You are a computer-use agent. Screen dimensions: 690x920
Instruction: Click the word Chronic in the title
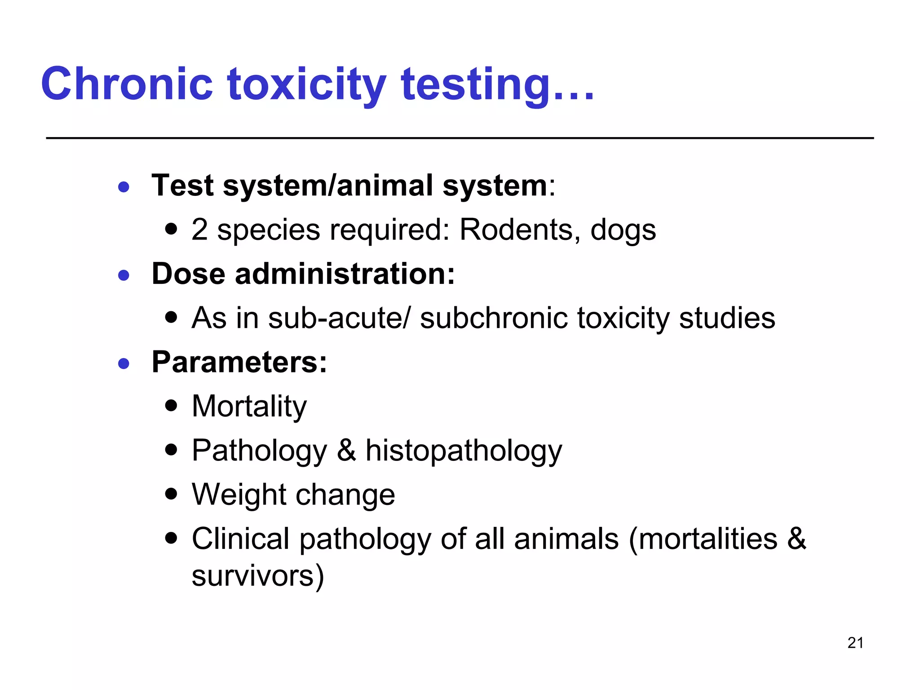tap(127, 84)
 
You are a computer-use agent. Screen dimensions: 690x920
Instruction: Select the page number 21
tap(855, 643)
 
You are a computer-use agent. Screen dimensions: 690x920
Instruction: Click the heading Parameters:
tap(239, 362)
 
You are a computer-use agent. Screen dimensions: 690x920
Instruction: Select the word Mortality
tap(249, 407)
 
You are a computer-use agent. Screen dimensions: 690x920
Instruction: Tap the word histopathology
tap(464, 451)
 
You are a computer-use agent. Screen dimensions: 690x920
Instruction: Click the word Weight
tap(239, 495)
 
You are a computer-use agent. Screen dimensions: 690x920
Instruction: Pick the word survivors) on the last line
tap(257, 575)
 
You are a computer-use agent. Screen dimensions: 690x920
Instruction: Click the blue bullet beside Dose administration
tap(124, 274)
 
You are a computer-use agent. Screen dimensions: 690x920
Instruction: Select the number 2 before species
tap(199, 230)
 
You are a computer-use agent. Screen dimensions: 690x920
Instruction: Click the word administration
tap(345, 274)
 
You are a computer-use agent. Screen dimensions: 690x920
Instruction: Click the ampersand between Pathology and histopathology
tap(346, 450)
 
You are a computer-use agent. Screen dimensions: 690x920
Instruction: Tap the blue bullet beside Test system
tap(124, 186)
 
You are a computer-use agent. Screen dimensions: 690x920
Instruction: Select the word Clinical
tap(240, 539)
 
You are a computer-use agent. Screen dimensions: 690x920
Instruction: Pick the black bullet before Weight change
tap(171, 494)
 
